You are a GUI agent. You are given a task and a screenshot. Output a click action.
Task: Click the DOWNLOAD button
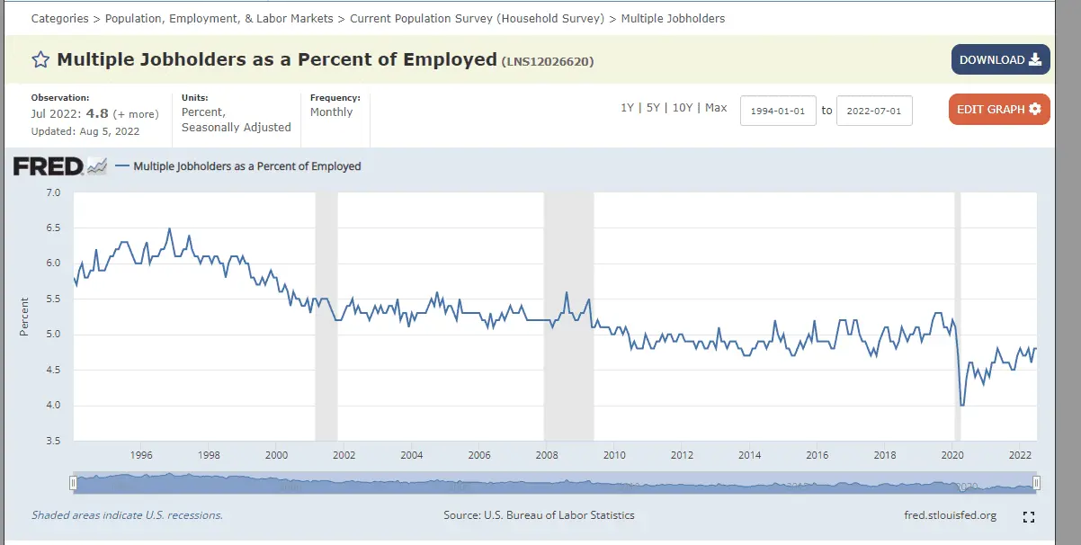tap(1000, 59)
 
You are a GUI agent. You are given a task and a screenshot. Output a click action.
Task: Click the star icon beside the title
tap(40, 60)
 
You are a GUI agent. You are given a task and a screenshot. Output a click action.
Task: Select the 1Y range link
tap(627, 108)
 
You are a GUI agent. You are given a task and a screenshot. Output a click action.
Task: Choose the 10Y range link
tap(683, 108)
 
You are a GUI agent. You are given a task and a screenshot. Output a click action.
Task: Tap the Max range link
tap(716, 108)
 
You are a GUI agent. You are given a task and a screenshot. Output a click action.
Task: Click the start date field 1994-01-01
tap(778, 112)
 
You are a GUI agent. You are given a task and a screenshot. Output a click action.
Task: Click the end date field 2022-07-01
tap(874, 112)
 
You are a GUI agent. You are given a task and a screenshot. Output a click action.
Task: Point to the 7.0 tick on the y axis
tap(52, 192)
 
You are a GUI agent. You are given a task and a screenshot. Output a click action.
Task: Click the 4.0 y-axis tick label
tap(52, 406)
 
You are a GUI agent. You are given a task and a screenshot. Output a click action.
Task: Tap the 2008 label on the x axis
tap(547, 455)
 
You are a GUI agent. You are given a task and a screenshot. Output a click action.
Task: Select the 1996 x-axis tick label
tap(141, 455)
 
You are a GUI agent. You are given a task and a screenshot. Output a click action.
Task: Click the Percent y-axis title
tap(24, 317)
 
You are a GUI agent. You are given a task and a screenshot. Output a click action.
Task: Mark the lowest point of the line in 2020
tap(962, 406)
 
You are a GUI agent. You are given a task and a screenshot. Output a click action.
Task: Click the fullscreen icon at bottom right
tap(1029, 517)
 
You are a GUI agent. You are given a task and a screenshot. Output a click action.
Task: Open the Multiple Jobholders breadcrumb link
tap(673, 18)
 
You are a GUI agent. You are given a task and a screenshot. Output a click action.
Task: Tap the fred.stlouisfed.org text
tap(950, 515)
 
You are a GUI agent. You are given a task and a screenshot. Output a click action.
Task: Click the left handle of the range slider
tap(74, 483)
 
